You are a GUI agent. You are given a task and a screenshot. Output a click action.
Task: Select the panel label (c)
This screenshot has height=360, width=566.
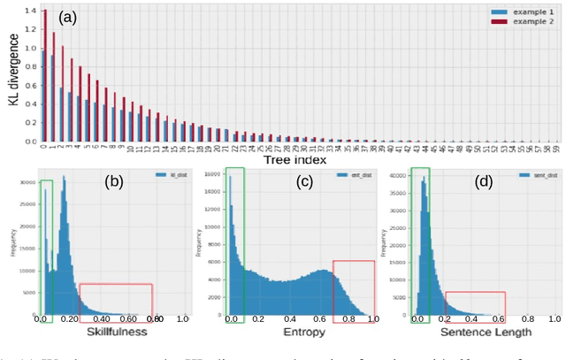(302, 182)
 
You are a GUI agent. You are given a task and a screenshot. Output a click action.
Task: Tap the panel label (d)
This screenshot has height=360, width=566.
(484, 182)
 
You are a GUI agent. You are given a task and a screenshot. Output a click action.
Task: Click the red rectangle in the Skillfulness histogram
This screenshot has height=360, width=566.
(115, 300)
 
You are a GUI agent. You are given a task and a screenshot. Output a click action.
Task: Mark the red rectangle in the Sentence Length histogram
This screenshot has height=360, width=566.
(474, 304)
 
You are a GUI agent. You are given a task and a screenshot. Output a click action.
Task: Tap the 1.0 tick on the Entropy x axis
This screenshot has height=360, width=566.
(372, 318)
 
